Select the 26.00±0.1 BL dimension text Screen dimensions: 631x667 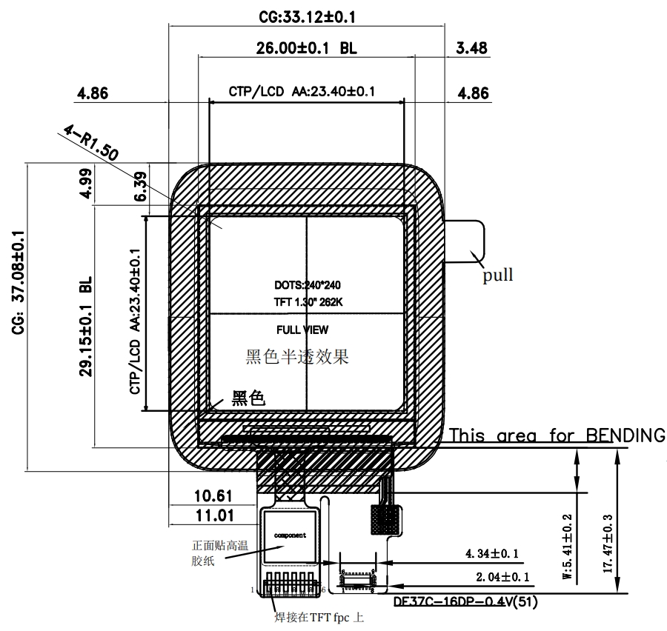[306, 48]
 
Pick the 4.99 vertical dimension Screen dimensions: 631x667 [87, 184]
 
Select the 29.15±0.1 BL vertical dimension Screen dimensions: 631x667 [86, 327]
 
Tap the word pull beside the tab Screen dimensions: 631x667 [498, 276]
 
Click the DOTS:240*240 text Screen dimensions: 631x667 [307, 284]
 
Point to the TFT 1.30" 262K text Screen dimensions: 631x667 [307, 302]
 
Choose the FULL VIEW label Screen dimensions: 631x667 [302, 330]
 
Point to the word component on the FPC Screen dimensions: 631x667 [290, 534]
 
